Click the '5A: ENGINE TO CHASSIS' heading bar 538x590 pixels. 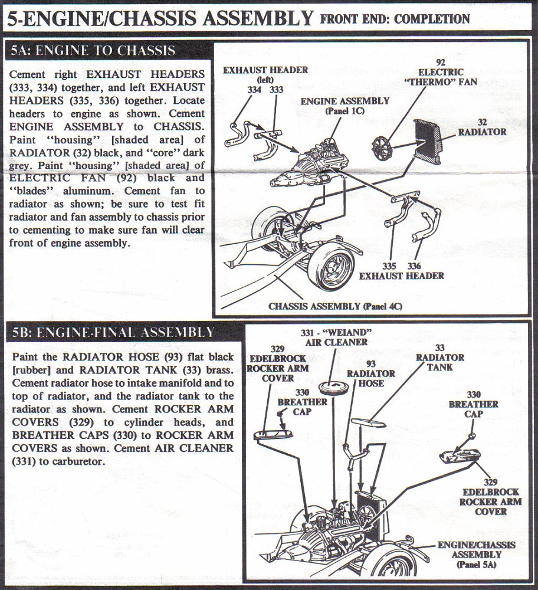(x=93, y=51)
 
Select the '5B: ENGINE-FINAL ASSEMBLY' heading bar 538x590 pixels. (x=113, y=333)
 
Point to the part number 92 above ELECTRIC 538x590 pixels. (x=441, y=62)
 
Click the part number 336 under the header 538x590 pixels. (x=414, y=266)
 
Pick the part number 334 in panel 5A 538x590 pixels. (x=254, y=90)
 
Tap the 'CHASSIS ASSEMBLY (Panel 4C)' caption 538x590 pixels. (x=335, y=306)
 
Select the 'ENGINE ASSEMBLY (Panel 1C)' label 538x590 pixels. (x=345, y=106)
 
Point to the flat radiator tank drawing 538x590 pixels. (x=369, y=422)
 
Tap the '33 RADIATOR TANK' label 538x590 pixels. (x=440, y=358)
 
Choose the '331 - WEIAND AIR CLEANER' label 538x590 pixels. (x=336, y=337)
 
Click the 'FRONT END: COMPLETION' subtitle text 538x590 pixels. (x=395, y=18)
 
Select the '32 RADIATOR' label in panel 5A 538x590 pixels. (x=482, y=127)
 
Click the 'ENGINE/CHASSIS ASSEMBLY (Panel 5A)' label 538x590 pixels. (x=476, y=554)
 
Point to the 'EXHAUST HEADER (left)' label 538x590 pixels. (x=265, y=74)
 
